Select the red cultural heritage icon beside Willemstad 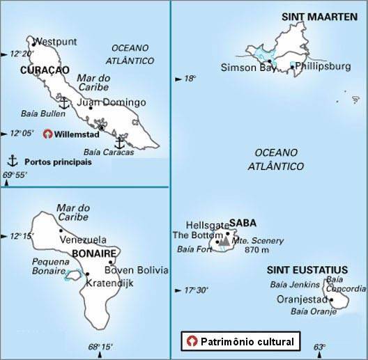tap(47, 134)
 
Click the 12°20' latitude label tap(21, 54)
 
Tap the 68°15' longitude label tap(100, 347)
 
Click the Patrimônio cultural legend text tap(246, 342)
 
